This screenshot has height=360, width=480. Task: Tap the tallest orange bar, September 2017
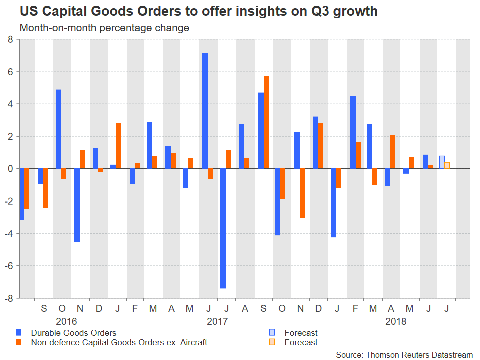[266, 122]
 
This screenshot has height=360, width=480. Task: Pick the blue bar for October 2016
[58, 129]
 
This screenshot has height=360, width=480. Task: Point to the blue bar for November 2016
[77, 205]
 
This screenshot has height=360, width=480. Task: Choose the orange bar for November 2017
[302, 193]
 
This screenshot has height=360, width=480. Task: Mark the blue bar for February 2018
[353, 132]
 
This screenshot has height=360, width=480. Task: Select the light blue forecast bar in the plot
[442, 162]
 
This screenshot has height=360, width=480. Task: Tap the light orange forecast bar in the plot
[447, 165]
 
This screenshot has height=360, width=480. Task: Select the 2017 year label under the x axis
[217, 321]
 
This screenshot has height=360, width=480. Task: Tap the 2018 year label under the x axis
[396, 321]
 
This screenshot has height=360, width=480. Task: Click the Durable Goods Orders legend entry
[73, 333]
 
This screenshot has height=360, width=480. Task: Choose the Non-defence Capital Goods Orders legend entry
[119, 342]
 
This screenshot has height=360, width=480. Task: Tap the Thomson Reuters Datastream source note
[404, 354]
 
